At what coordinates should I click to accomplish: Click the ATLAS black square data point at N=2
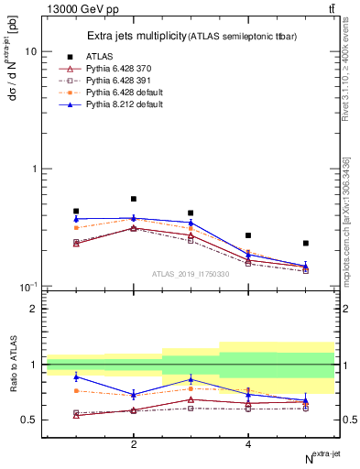coord(134,199)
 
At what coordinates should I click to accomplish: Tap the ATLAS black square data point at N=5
coord(305,244)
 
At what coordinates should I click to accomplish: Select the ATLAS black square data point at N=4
coord(248,235)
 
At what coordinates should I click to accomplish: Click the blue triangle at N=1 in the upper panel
coord(76,219)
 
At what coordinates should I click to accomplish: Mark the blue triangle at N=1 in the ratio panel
coord(76,376)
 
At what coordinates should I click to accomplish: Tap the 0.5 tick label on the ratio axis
coord(29,420)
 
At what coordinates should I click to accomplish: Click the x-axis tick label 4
coord(248,444)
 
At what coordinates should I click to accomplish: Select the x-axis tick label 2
coord(134,444)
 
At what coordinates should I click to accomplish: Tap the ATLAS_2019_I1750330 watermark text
coord(191,274)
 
